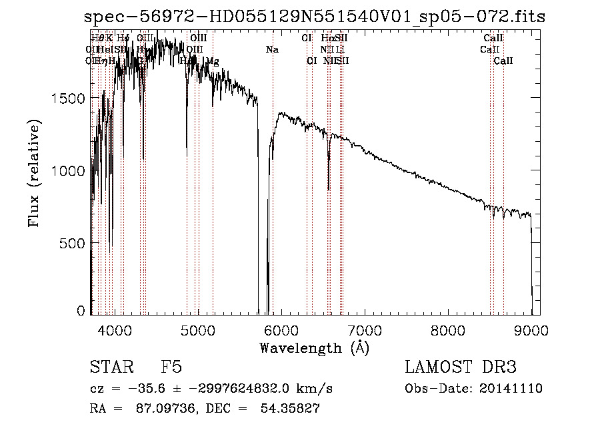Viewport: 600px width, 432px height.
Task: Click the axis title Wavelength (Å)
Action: pos(314,347)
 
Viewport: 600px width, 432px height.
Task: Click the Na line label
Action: pos(271,49)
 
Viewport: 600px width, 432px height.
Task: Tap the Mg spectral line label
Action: pos(212,61)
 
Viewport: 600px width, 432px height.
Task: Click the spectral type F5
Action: pos(171,367)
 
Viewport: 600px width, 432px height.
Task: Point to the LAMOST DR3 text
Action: pos(461,367)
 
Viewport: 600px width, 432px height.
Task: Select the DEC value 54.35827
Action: pos(291,409)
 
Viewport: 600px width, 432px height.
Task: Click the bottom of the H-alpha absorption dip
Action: pos(329,189)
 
